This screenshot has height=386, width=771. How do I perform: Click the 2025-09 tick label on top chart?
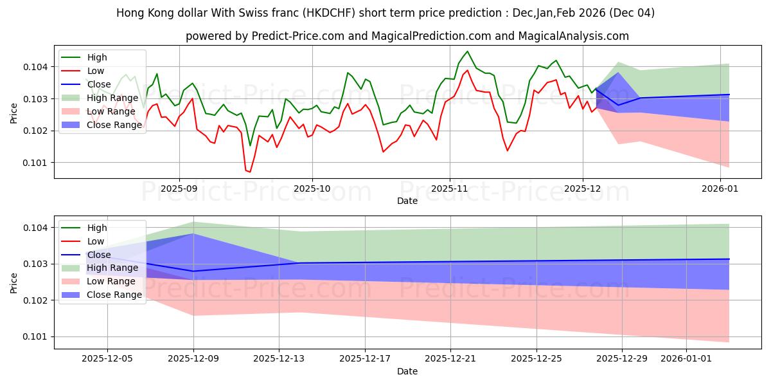point(179,189)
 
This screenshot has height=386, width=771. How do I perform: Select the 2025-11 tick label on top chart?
point(449,189)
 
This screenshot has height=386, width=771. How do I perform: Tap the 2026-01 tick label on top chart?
point(720,189)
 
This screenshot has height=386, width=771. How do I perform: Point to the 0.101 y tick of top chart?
point(36,163)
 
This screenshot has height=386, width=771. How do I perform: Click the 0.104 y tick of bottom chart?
point(36,228)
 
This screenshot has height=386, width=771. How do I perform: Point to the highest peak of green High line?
point(467,51)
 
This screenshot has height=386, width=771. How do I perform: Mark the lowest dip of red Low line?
point(249,172)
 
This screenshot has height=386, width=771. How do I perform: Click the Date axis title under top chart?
point(407,201)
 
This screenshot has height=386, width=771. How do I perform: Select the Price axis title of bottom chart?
point(13,282)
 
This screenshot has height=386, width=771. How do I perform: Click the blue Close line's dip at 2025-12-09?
point(193,271)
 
